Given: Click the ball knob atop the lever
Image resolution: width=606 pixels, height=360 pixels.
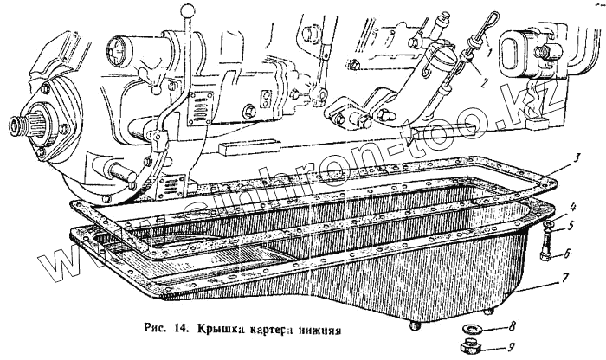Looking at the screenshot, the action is (x=185, y=9).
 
